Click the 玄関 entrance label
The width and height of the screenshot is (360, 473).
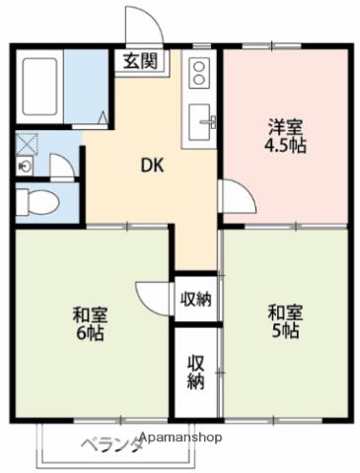(136, 61)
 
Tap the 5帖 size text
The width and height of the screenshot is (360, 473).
(286, 331)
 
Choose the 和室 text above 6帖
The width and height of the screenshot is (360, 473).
(90, 315)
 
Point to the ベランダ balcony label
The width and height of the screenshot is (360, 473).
(110, 442)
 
